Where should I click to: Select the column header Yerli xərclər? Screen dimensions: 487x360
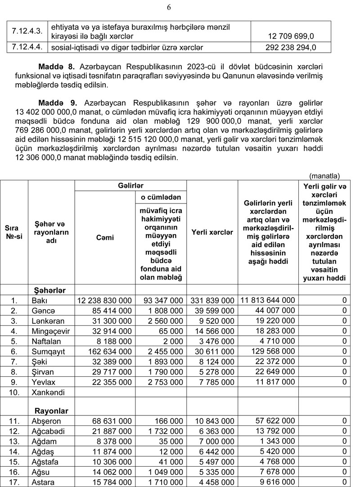[212, 232]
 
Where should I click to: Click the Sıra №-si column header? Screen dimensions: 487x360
[14, 232]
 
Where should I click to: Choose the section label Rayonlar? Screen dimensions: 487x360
[52, 410]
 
